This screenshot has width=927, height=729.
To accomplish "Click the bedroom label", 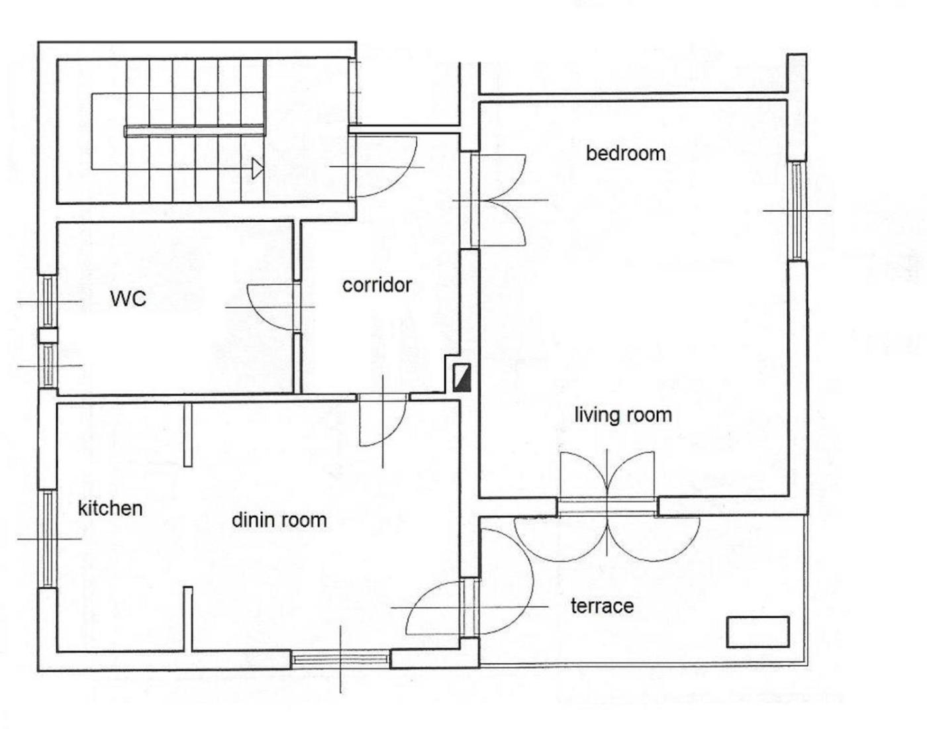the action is pos(626,154).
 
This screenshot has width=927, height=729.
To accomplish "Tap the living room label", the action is pos(623,415).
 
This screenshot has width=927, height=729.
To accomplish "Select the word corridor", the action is pos(377,285).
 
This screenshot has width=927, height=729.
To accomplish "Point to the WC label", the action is pos(128,299).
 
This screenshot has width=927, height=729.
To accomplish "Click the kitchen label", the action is pos(111,509).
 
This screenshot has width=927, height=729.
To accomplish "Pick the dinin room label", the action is pos(279,520).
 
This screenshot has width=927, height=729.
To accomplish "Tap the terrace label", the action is pos(602,607).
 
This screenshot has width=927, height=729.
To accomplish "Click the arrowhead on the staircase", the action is pos(258,168).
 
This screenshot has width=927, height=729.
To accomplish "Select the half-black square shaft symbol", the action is pos(462,378).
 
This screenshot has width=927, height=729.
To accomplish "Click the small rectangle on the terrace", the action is pos(757,632).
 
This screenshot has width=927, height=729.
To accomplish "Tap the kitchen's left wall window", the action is pos(48,539).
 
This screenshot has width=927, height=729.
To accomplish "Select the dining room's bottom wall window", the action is pos(340,659).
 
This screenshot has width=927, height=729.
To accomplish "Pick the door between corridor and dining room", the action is pos(383,420).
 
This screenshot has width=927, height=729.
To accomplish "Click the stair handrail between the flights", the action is pos(194,131).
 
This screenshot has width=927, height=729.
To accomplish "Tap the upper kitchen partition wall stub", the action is pos(188,435).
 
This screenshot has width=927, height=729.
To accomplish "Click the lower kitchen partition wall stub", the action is pos(188,619).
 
